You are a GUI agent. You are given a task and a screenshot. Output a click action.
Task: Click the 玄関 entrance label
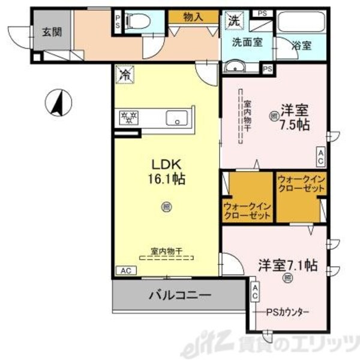pos(52,32)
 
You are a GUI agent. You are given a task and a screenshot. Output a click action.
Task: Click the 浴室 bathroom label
pos(302,45)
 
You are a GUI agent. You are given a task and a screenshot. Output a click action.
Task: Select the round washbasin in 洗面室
pos(235,67)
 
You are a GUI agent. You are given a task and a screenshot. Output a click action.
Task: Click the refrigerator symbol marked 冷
pos(124,76)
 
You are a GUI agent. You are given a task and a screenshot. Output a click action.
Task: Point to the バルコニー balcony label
pos(179,295)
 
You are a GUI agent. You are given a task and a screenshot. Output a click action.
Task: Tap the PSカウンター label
pos(289,313)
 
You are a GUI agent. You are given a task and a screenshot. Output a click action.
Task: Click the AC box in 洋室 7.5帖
pos(321,157)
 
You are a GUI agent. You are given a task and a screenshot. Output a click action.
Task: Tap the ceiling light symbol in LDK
pos(165,207)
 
